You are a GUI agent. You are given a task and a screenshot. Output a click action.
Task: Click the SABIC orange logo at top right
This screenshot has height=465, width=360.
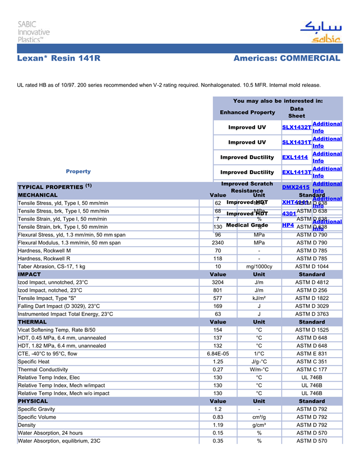(x=320, y=32)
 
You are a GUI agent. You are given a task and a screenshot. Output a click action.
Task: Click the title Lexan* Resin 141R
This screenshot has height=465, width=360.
(x=59, y=59)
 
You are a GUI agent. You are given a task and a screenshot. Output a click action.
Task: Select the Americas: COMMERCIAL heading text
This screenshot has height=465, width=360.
(x=286, y=59)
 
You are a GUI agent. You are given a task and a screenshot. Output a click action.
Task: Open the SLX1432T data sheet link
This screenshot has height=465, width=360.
(x=297, y=127)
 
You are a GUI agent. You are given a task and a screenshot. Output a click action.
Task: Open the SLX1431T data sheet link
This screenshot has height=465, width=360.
(x=297, y=142)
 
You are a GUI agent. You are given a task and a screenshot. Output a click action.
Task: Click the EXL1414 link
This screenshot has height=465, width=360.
(x=295, y=157)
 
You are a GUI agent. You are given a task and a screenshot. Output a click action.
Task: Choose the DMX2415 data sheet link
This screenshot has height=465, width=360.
(x=296, y=188)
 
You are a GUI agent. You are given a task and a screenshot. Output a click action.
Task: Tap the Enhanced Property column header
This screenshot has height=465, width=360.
(x=247, y=113)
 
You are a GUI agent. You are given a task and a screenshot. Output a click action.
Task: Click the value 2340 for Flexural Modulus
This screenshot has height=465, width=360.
(x=218, y=243)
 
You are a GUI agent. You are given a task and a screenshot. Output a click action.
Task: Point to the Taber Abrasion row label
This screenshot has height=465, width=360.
(x=51, y=267)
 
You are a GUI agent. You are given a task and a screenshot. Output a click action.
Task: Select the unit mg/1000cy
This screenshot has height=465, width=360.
(x=259, y=267)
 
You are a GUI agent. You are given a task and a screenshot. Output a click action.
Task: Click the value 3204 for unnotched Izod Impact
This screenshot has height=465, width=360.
(x=218, y=282)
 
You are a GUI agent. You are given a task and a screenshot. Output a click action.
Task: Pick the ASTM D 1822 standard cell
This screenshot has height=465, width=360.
(x=312, y=298)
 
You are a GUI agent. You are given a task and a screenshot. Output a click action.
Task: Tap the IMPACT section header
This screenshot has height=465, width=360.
(x=29, y=274)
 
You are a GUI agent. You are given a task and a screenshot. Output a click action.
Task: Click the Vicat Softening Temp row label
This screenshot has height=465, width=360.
(x=57, y=330)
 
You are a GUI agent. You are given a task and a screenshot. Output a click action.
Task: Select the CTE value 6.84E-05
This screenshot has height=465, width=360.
(x=218, y=354)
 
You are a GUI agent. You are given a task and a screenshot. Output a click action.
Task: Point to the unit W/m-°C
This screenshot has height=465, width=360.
(x=259, y=369)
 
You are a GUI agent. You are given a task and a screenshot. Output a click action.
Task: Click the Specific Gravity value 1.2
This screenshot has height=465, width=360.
(x=218, y=409)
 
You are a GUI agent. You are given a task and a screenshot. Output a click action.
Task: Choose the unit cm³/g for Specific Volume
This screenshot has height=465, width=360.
(x=259, y=417)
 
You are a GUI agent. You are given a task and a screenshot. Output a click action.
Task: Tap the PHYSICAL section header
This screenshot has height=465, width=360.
(x=33, y=401)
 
